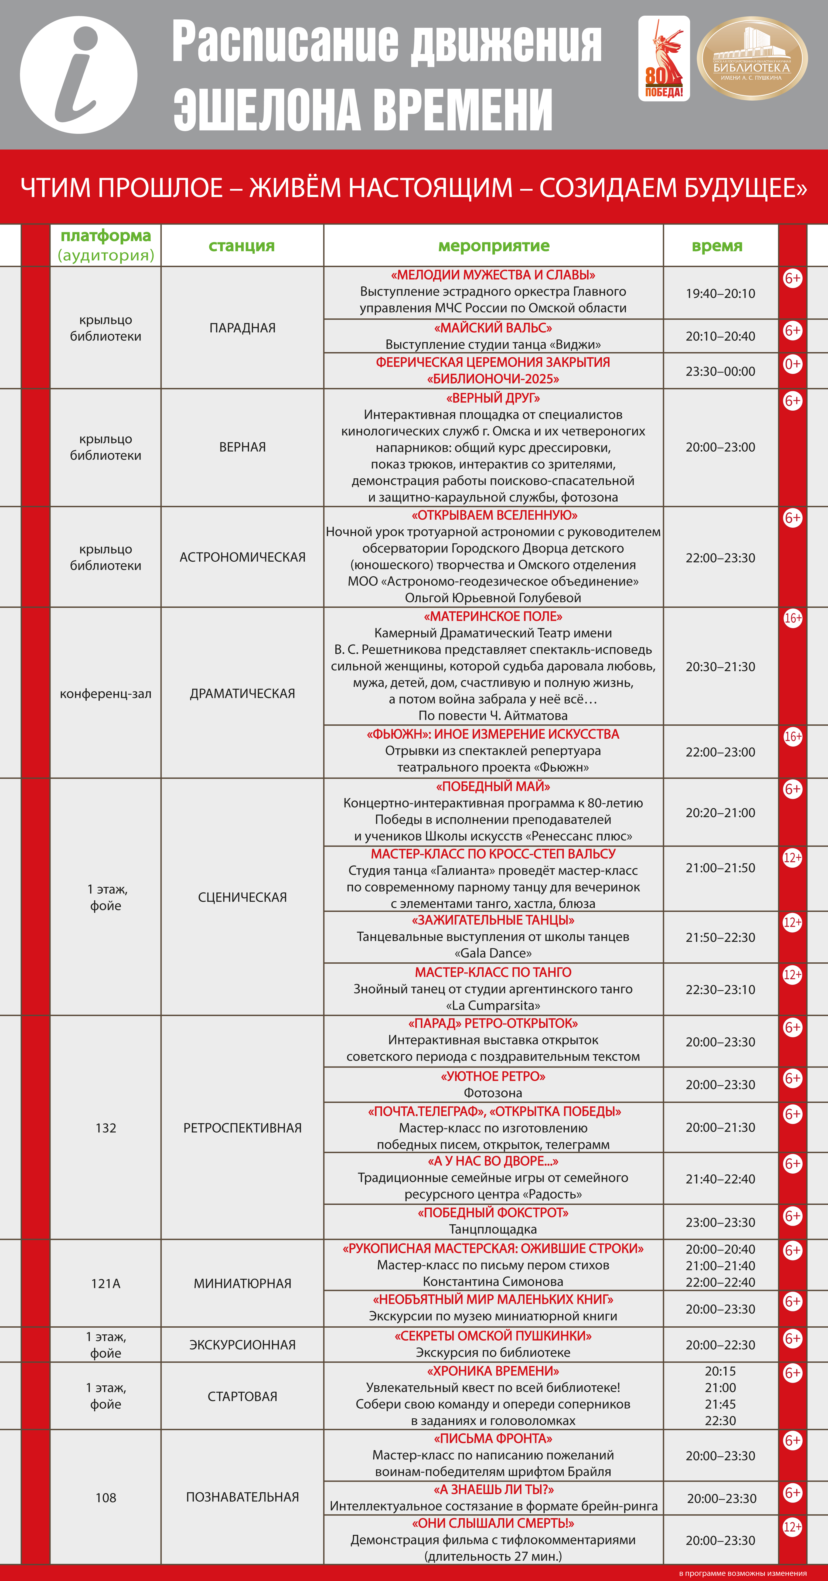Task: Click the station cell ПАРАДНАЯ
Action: (x=243, y=328)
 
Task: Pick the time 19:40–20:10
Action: (x=720, y=293)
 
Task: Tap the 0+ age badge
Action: (x=792, y=364)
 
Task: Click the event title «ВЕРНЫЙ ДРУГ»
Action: (x=493, y=398)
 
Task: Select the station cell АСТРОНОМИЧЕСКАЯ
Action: (x=243, y=557)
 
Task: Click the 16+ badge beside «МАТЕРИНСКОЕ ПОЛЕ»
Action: (x=792, y=618)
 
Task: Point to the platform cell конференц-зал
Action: (x=105, y=694)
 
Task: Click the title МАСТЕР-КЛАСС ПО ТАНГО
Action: (x=493, y=972)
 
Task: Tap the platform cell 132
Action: (x=105, y=1128)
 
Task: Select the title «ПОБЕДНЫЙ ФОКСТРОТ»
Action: (x=493, y=1213)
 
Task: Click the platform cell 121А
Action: (x=105, y=1283)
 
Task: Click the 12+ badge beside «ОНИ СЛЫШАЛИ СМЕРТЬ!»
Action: (x=792, y=1527)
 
